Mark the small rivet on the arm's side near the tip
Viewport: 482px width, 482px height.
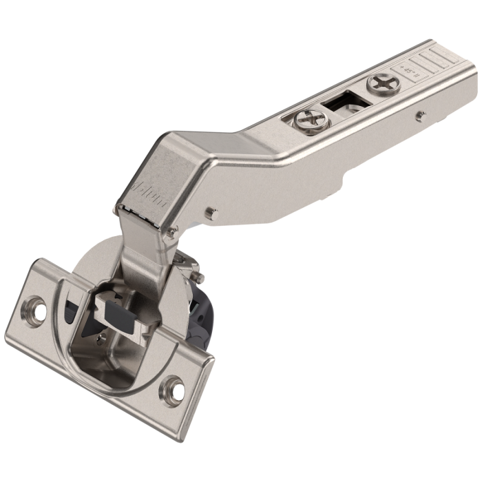(421, 114)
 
